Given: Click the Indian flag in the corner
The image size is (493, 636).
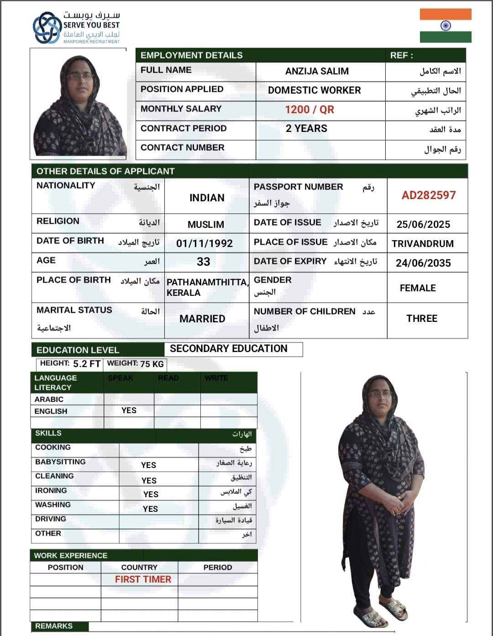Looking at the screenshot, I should [x=446, y=26].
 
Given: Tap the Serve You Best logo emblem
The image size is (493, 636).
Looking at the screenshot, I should [x=47, y=27].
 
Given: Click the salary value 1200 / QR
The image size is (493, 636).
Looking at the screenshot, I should [x=309, y=110].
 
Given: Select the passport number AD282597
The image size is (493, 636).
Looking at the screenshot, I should [x=429, y=195].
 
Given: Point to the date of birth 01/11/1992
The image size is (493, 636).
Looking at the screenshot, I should [x=205, y=243].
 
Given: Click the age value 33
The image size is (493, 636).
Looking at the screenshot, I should [x=204, y=262].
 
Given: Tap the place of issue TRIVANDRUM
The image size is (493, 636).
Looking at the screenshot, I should [x=423, y=244].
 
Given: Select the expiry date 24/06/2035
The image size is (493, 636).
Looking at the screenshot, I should [x=423, y=263].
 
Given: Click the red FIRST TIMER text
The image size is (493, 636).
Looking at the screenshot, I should [x=143, y=579].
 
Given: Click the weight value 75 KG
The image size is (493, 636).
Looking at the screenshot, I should [x=152, y=364].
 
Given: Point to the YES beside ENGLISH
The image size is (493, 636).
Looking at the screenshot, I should [x=129, y=410].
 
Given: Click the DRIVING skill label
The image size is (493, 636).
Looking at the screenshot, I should [x=51, y=519].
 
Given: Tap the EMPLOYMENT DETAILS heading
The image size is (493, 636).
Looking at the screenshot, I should [x=192, y=55].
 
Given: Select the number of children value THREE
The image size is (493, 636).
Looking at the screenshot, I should [x=422, y=319].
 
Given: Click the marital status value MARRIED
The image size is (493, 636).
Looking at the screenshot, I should [x=202, y=319].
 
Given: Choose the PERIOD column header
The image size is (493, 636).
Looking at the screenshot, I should [x=218, y=568].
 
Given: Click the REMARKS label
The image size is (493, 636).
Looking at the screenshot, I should [x=54, y=626].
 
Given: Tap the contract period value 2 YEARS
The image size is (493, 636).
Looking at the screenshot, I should [x=307, y=129].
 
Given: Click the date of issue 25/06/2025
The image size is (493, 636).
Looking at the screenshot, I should [x=423, y=224].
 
